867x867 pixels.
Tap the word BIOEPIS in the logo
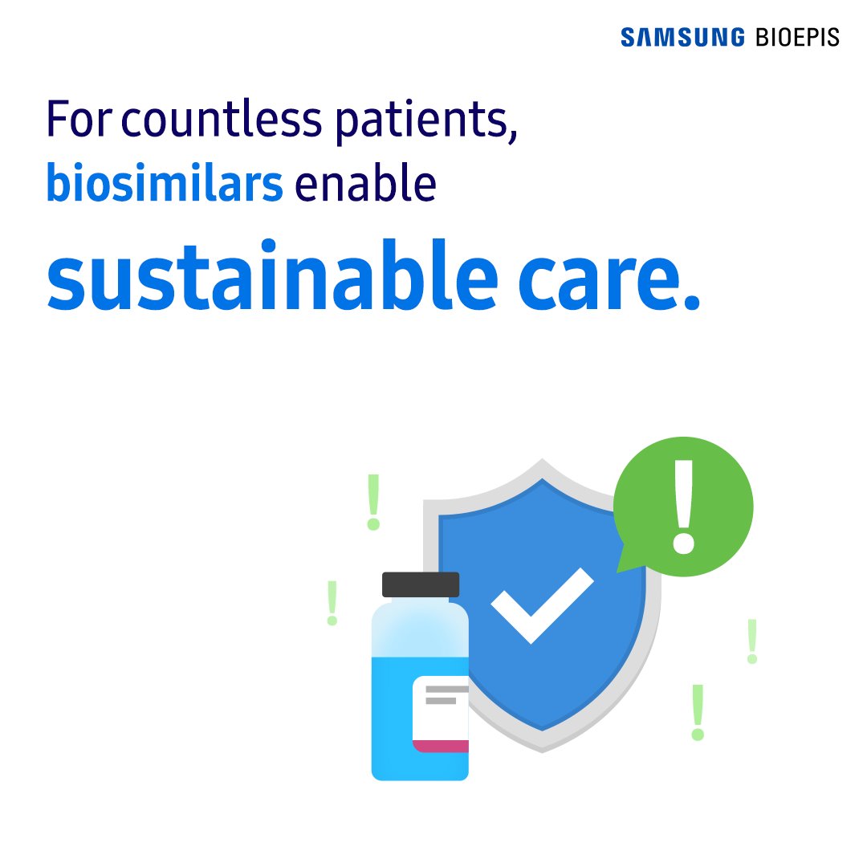pyautogui.click(x=797, y=37)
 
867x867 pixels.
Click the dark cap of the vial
pyautogui.click(x=421, y=584)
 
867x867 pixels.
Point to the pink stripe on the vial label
pyautogui.click(x=442, y=747)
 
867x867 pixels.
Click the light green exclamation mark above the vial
pyautogui.click(x=372, y=502)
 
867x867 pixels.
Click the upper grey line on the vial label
pyautogui.click(x=446, y=689)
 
